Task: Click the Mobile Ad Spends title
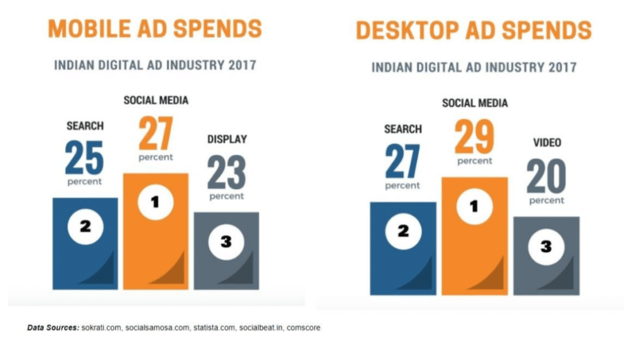pos(155,29)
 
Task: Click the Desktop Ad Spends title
pos(473,30)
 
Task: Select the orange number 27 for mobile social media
pos(155,133)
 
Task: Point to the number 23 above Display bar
pos(227,172)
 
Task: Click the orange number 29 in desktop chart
pos(474,137)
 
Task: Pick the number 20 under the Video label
pos(546,177)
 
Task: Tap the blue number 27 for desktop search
pos(403,161)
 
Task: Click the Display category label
pos(227,139)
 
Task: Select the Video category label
pos(546,143)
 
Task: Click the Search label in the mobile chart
pos(85,126)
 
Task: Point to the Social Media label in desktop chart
pos(475,103)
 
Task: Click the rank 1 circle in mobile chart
pos(155,202)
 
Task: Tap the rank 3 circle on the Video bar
pos(546,246)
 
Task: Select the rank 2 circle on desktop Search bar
pos(403,231)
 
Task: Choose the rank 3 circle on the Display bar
pos(227,241)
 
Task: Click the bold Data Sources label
pos(53,328)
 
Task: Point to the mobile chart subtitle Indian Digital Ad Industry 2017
pos(155,65)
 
